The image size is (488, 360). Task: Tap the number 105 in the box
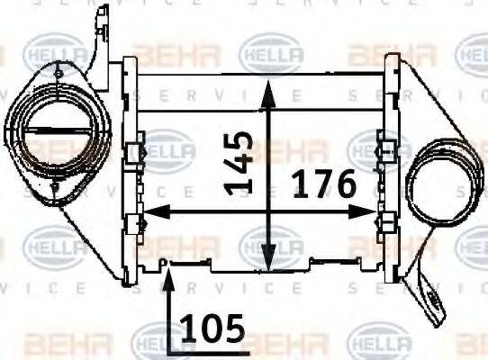pos(212,328)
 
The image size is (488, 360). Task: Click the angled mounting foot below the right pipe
pos(430,297)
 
